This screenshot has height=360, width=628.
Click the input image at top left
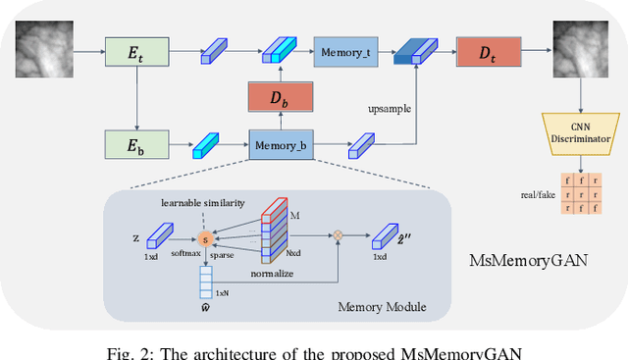pyautogui.click(x=45, y=47)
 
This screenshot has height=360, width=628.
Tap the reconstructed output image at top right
pyautogui.click(x=576, y=47)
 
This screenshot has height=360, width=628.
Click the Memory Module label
pyautogui.click(x=382, y=307)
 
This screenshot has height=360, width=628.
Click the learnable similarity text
pyautogui.click(x=203, y=202)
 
